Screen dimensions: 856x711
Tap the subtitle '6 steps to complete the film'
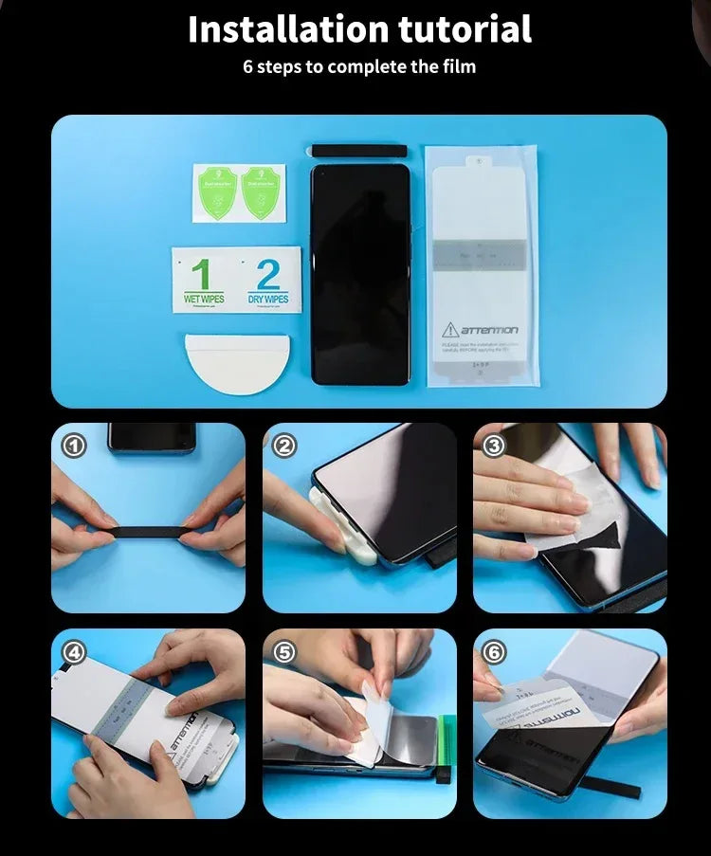click(x=359, y=66)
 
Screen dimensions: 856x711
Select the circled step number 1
click(x=74, y=445)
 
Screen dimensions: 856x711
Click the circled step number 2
click(x=284, y=445)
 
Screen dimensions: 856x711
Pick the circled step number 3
click(x=495, y=445)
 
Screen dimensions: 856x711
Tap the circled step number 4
click(x=74, y=652)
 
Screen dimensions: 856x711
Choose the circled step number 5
click(x=284, y=652)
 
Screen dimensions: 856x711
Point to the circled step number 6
click(x=495, y=652)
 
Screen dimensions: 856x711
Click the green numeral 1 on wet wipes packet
click(x=201, y=275)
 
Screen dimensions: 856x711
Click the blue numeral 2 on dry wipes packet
click(x=268, y=275)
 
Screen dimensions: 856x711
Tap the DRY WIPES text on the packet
click(x=268, y=299)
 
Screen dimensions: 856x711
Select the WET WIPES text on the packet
click(x=204, y=299)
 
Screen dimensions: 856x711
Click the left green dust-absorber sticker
click(x=216, y=193)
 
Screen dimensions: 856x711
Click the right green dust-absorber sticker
click(x=263, y=193)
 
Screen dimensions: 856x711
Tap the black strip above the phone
click(x=358, y=151)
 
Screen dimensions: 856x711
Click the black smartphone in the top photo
click(x=360, y=275)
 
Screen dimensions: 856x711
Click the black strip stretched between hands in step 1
click(x=148, y=532)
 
